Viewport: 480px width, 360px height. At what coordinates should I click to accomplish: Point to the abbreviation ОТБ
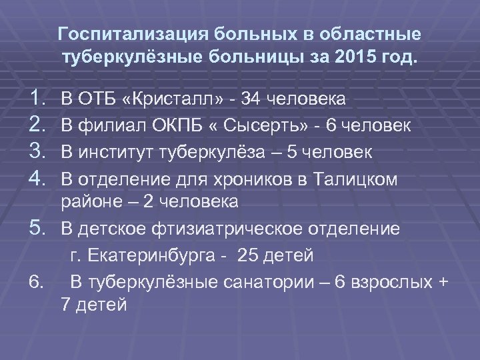click(97, 100)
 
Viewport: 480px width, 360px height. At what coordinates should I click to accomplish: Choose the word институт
click(111, 152)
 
